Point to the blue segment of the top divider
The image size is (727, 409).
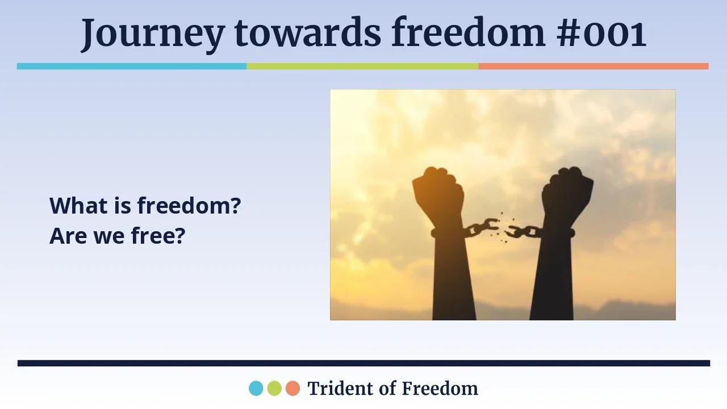click(132, 66)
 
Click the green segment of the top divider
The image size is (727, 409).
click(362, 66)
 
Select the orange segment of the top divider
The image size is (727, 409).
click(594, 66)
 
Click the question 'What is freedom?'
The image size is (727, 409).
click(145, 206)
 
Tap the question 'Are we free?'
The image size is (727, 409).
click(118, 235)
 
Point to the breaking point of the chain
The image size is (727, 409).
click(502, 228)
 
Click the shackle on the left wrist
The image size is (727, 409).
click(449, 232)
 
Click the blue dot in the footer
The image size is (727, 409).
click(256, 389)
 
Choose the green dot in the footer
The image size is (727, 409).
click(274, 389)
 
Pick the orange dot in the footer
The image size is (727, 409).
click(293, 389)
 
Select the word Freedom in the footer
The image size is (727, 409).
click(440, 389)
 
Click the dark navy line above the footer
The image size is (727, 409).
click(363, 363)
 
